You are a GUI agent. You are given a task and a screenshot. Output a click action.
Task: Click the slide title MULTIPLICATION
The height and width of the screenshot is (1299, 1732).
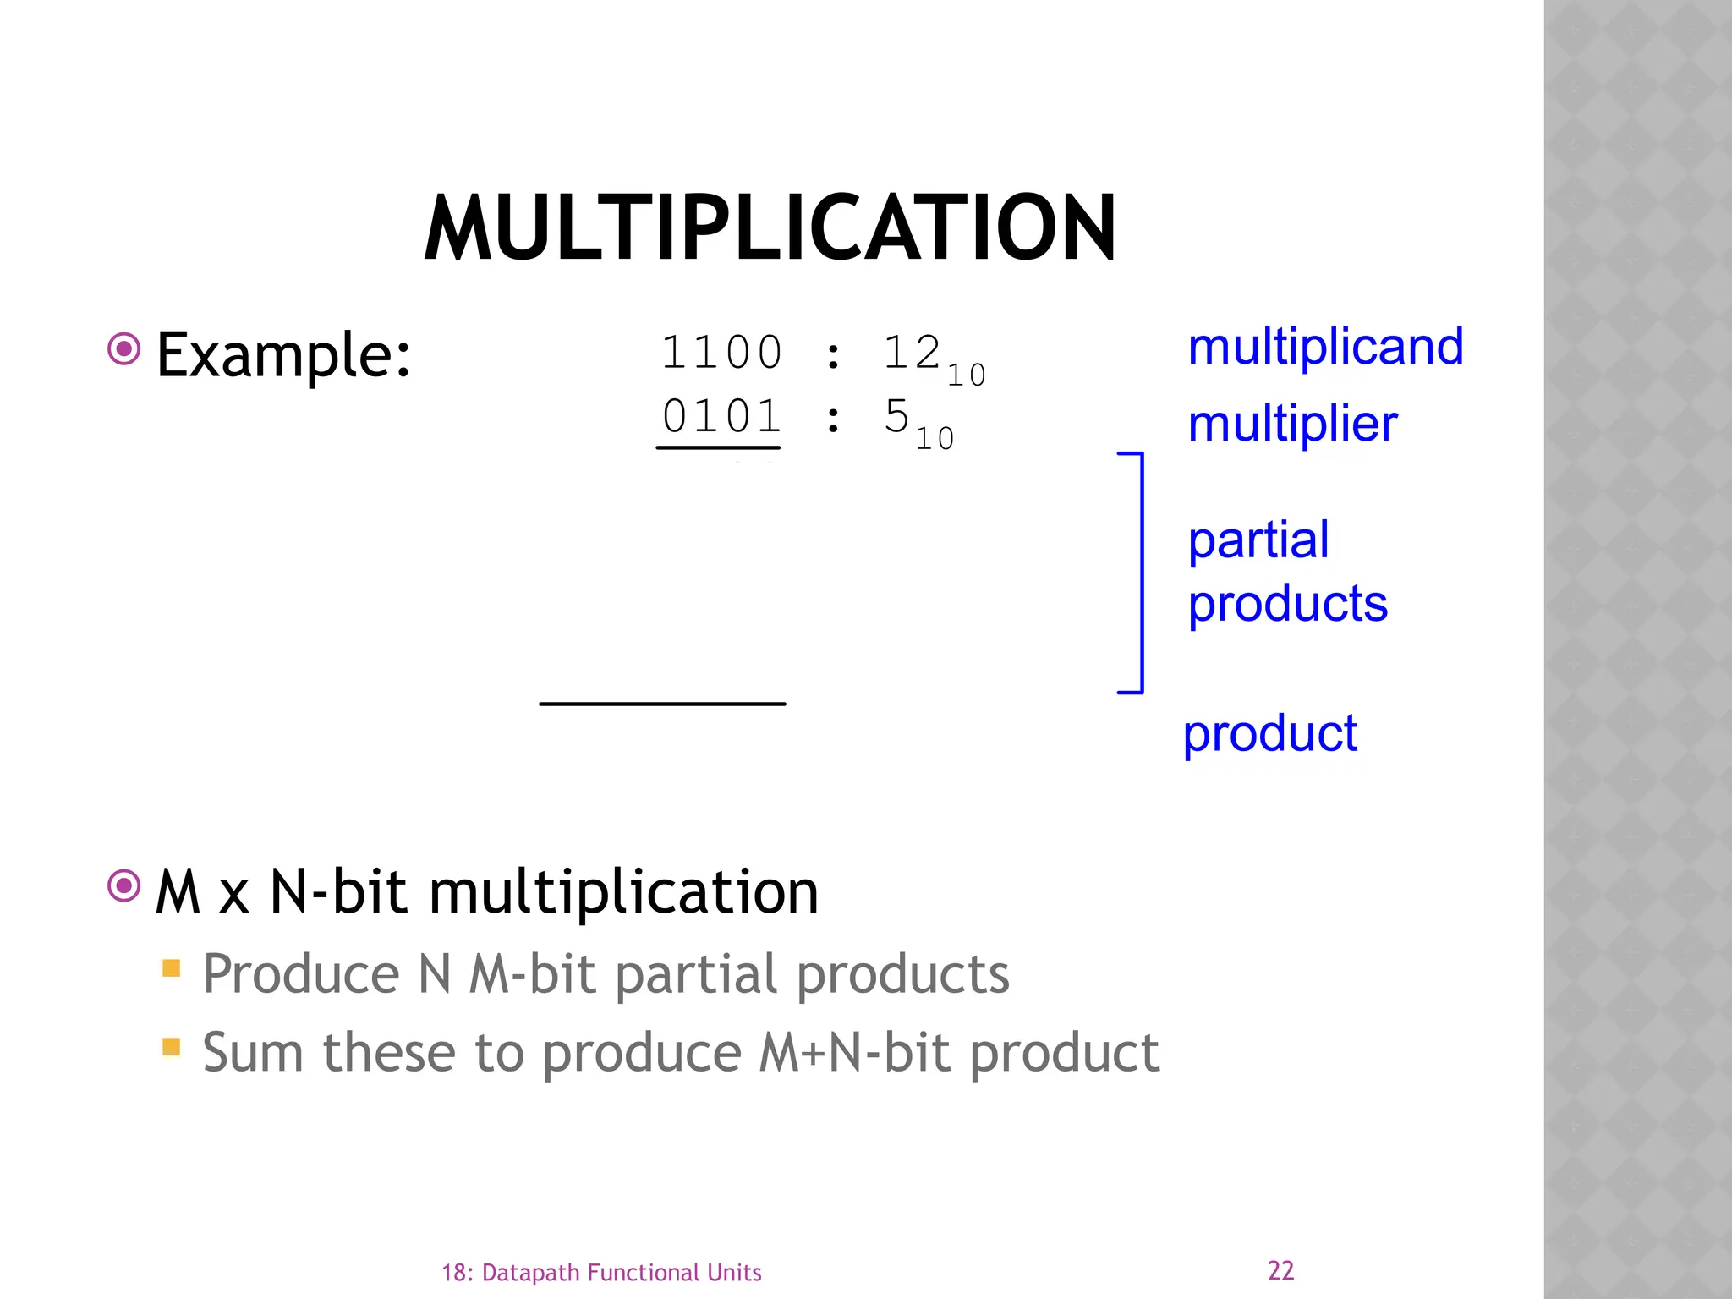coord(770,228)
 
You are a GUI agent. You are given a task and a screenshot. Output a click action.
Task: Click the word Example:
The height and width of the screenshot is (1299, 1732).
coord(283,355)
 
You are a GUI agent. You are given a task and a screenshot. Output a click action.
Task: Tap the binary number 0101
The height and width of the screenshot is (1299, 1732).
coord(721,416)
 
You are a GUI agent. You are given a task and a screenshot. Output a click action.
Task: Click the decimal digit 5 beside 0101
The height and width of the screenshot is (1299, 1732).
coord(896,416)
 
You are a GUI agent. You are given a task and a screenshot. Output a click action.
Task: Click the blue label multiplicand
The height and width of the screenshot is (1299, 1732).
coord(1325,347)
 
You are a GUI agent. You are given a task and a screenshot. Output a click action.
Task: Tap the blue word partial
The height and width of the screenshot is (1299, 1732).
coord(1258,541)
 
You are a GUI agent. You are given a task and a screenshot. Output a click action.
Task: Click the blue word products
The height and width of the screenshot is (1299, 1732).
coord(1287,604)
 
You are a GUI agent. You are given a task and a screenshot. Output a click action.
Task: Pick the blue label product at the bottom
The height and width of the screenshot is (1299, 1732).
coord(1269,733)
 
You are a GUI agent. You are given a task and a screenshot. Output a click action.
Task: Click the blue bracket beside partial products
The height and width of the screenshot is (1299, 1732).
coord(1141,573)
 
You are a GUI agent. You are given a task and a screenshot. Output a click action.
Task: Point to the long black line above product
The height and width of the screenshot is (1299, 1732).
coord(662,704)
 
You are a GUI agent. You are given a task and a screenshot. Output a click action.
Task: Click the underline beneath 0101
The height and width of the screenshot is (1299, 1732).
coord(718,447)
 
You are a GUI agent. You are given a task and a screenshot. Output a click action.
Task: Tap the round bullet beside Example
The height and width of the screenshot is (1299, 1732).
coord(124,348)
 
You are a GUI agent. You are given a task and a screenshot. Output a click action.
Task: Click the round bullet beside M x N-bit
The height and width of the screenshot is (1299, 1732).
coord(124,885)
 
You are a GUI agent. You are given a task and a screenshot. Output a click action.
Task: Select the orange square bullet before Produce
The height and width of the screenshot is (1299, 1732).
coord(172,967)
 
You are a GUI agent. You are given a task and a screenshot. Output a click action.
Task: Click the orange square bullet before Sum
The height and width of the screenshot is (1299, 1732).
coord(172,1047)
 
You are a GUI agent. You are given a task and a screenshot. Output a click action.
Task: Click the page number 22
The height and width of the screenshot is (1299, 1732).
coord(1280,1270)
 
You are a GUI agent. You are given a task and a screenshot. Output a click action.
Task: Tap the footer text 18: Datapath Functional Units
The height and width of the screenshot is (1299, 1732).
coord(601,1273)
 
